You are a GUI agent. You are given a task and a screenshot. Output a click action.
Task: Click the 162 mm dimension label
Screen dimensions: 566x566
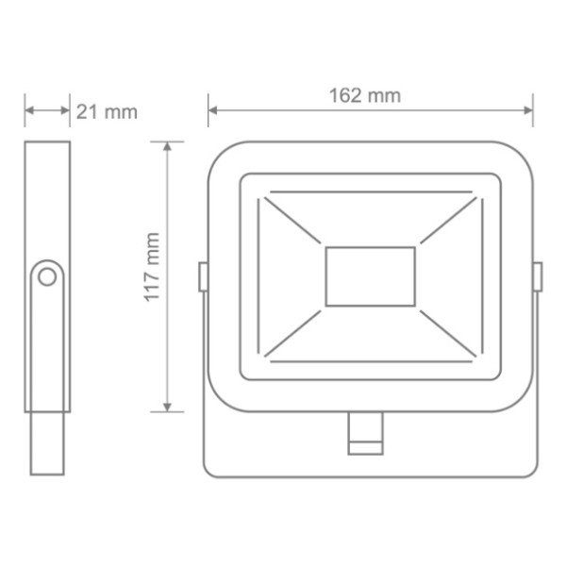(365, 95)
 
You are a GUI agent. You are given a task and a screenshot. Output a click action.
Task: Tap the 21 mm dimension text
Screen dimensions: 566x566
(107, 112)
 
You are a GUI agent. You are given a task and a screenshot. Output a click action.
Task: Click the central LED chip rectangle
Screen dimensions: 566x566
(370, 276)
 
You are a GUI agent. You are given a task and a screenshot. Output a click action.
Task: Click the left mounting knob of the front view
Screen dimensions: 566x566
(203, 276)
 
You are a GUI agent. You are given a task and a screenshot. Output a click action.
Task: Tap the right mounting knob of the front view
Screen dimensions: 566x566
(537, 276)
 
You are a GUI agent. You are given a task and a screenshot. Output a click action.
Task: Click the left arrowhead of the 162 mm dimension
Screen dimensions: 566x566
(212, 110)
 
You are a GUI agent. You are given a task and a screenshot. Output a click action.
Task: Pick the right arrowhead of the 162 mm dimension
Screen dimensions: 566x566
(528, 110)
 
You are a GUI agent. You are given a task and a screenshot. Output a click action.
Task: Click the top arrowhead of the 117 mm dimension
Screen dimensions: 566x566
(168, 146)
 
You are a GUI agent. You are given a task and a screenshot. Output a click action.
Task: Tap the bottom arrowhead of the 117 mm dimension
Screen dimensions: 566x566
(168, 407)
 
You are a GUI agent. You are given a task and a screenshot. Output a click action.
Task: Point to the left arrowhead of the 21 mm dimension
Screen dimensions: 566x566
(29, 110)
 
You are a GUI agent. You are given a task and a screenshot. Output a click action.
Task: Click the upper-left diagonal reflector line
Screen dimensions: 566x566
(294, 223)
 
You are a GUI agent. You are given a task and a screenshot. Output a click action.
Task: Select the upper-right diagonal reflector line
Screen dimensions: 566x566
(445, 223)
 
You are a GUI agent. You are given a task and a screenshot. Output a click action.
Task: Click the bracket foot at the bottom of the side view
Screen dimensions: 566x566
(46, 443)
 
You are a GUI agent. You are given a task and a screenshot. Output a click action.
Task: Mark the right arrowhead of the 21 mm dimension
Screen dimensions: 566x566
(65, 110)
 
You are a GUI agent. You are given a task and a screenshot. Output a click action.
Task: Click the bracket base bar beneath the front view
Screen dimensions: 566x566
(283, 453)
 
